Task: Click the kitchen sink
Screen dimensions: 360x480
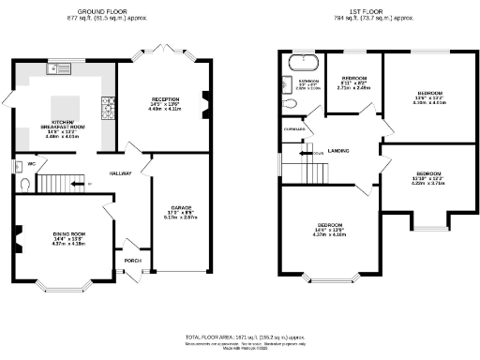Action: point(57,67)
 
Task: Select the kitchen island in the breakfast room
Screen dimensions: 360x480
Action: point(66,105)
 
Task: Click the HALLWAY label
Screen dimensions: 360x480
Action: point(121,173)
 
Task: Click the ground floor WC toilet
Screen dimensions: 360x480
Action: point(22,185)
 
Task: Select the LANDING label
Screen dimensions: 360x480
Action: point(338,149)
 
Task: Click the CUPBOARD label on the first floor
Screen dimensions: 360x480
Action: point(294,128)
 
